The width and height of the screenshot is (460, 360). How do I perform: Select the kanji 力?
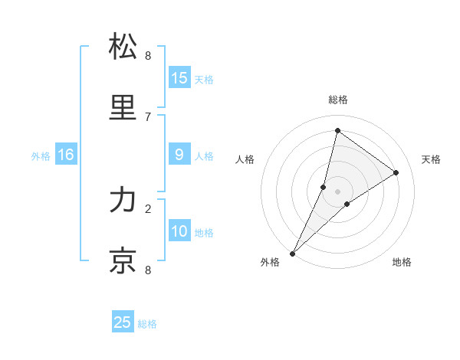(123, 201)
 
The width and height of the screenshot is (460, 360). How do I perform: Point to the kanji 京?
(123, 260)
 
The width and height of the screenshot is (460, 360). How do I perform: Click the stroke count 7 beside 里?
(148, 116)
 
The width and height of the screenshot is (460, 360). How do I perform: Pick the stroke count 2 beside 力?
(148, 208)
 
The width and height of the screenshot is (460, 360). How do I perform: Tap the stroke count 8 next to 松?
(148, 55)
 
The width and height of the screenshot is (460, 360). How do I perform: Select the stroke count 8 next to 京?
(148, 270)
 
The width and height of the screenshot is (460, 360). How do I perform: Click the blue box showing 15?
(179, 78)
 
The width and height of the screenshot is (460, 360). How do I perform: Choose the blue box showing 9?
(179, 155)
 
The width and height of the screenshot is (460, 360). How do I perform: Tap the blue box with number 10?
(179, 231)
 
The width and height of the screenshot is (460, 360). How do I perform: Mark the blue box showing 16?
(66, 155)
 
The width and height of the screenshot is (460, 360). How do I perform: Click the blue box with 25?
(123, 322)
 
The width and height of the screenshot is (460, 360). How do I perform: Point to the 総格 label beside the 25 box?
(147, 324)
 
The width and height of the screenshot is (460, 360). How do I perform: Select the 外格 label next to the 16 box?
(41, 156)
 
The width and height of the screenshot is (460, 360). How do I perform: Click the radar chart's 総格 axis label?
(337, 100)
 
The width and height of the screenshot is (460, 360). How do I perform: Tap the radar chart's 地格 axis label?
(402, 263)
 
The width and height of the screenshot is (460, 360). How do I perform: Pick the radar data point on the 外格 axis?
(293, 253)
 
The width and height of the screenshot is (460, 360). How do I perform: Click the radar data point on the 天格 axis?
(396, 172)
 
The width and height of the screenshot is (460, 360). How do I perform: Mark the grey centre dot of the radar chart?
(337, 191)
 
